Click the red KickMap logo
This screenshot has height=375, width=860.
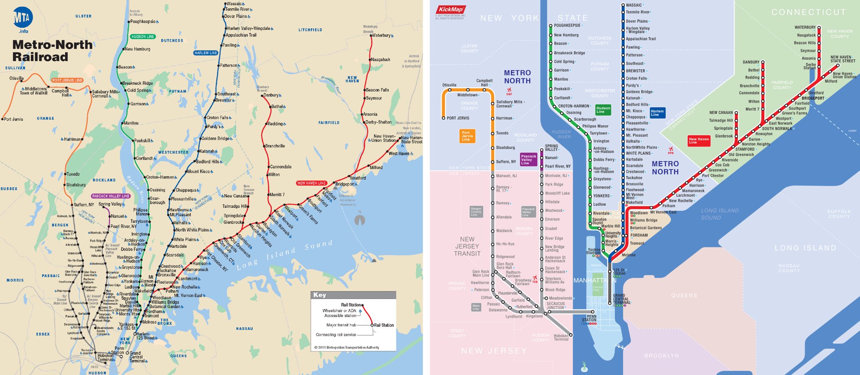(451, 10)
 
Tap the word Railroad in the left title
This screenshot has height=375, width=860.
(40, 57)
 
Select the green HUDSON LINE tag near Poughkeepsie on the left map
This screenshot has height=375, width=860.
(143, 37)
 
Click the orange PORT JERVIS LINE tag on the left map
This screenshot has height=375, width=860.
(67, 80)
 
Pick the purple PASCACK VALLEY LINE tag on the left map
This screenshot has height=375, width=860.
(111, 196)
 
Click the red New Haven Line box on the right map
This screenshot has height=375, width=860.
(699, 141)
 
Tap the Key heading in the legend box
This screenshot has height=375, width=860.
(320, 295)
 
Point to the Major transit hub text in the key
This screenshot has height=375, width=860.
(341, 325)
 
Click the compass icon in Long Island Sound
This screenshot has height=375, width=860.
(359, 220)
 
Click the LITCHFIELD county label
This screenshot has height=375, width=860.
(310, 30)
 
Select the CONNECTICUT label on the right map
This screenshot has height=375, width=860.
(808, 12)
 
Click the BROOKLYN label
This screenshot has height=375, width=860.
(661, 356)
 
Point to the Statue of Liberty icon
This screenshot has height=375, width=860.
(584, 367)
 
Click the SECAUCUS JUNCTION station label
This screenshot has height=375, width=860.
(556, 305)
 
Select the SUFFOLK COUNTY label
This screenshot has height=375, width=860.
(839, 214)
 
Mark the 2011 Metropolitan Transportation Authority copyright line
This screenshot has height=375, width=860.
(347, 347)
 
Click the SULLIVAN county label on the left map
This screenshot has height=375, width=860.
(16, 68)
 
